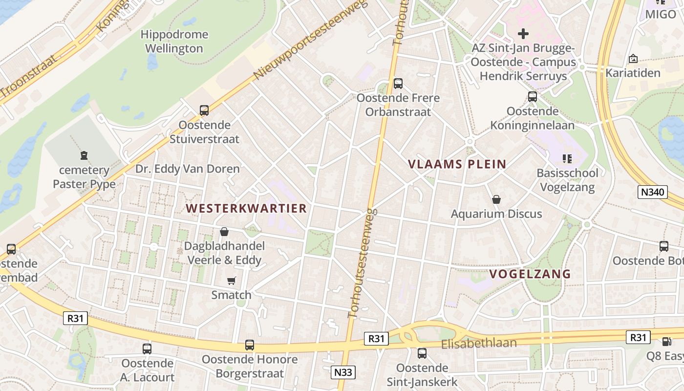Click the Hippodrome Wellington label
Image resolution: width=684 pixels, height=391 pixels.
click(x=174, y=42)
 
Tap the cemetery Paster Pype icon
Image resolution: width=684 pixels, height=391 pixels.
click(x=84, y=156)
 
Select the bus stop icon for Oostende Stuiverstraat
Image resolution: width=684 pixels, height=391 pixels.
click(x=204, y=110)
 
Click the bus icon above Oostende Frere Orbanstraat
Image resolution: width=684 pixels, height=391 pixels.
click(x=398, y=84)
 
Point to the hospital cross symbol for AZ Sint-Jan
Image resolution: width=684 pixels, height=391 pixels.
click(x=523, y=34)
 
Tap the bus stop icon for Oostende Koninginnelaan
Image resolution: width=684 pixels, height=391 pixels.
click(x=533, y=97)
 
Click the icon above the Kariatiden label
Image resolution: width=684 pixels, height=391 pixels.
click(x=633, y=59)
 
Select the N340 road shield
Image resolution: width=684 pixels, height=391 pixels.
click(x=653, y=192)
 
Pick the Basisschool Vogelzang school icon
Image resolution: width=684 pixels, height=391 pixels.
click(x=567, y=158)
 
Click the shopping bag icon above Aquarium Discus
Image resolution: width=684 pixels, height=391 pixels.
click(x=496, y=199)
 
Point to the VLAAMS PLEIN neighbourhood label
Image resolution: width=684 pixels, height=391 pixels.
click(x=457, y=164)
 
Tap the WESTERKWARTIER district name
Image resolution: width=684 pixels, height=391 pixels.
click(x=246, y=208)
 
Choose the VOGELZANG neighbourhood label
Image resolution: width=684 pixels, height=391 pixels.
click(x=530, y=274)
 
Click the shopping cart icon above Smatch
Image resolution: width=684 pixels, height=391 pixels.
click(x=232, y=281)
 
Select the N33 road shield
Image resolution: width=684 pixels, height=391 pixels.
click(x=343, y=372)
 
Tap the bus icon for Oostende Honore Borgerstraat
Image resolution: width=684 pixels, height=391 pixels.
click(x=250, y=345)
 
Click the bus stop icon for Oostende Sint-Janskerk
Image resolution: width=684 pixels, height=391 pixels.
click(x=422, y=353)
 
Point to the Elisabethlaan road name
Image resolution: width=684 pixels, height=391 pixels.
click(x=479, y=344)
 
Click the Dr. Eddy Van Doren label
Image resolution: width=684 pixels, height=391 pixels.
click(x=188, y=169)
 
